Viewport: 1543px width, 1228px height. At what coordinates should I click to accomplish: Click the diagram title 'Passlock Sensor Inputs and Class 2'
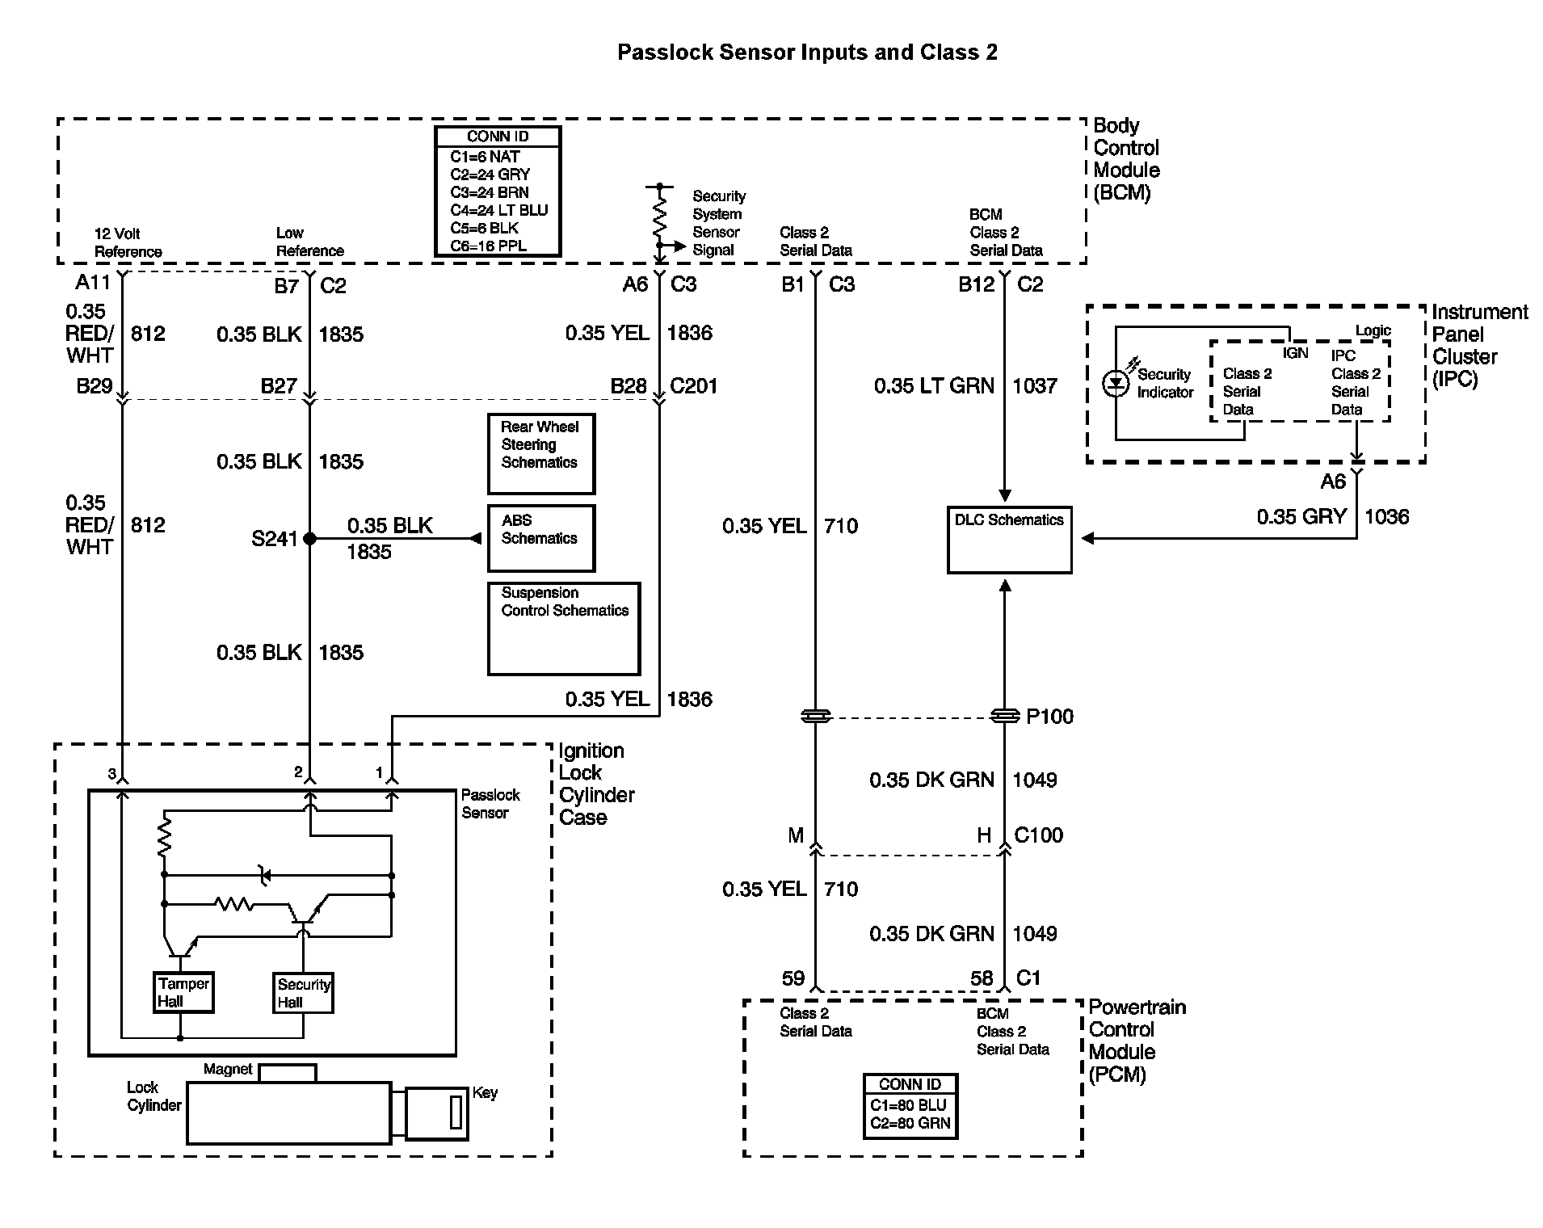807,53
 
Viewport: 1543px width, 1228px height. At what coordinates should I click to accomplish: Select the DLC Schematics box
1009,540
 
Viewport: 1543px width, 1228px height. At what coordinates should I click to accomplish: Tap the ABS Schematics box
540,538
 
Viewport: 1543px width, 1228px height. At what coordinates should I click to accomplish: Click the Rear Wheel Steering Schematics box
540,453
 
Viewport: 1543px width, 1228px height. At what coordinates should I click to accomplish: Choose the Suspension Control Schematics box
564,628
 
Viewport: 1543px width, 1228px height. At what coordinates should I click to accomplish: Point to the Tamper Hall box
183,992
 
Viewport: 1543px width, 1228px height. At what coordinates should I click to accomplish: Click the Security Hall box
304,993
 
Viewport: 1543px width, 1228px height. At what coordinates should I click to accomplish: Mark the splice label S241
275,539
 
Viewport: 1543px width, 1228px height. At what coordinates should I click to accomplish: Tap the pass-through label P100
1049,717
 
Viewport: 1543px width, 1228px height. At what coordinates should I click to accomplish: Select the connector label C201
694,386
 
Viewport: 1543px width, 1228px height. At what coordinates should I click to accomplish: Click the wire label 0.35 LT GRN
934,386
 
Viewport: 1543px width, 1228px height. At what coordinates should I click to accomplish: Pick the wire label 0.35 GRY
1301,517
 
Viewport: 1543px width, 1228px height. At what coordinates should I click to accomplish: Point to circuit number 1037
1035,386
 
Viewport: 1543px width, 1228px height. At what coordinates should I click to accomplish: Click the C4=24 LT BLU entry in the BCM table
498,211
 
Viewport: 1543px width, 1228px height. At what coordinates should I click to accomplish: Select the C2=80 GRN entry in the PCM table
910,1123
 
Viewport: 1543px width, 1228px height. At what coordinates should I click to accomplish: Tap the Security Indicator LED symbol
1116,384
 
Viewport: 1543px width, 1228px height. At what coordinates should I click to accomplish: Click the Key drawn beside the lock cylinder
437,1113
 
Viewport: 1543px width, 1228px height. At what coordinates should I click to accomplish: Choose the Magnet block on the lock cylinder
288,1073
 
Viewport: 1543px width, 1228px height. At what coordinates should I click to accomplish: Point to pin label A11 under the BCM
92,283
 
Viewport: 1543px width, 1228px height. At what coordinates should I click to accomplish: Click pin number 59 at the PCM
793,978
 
